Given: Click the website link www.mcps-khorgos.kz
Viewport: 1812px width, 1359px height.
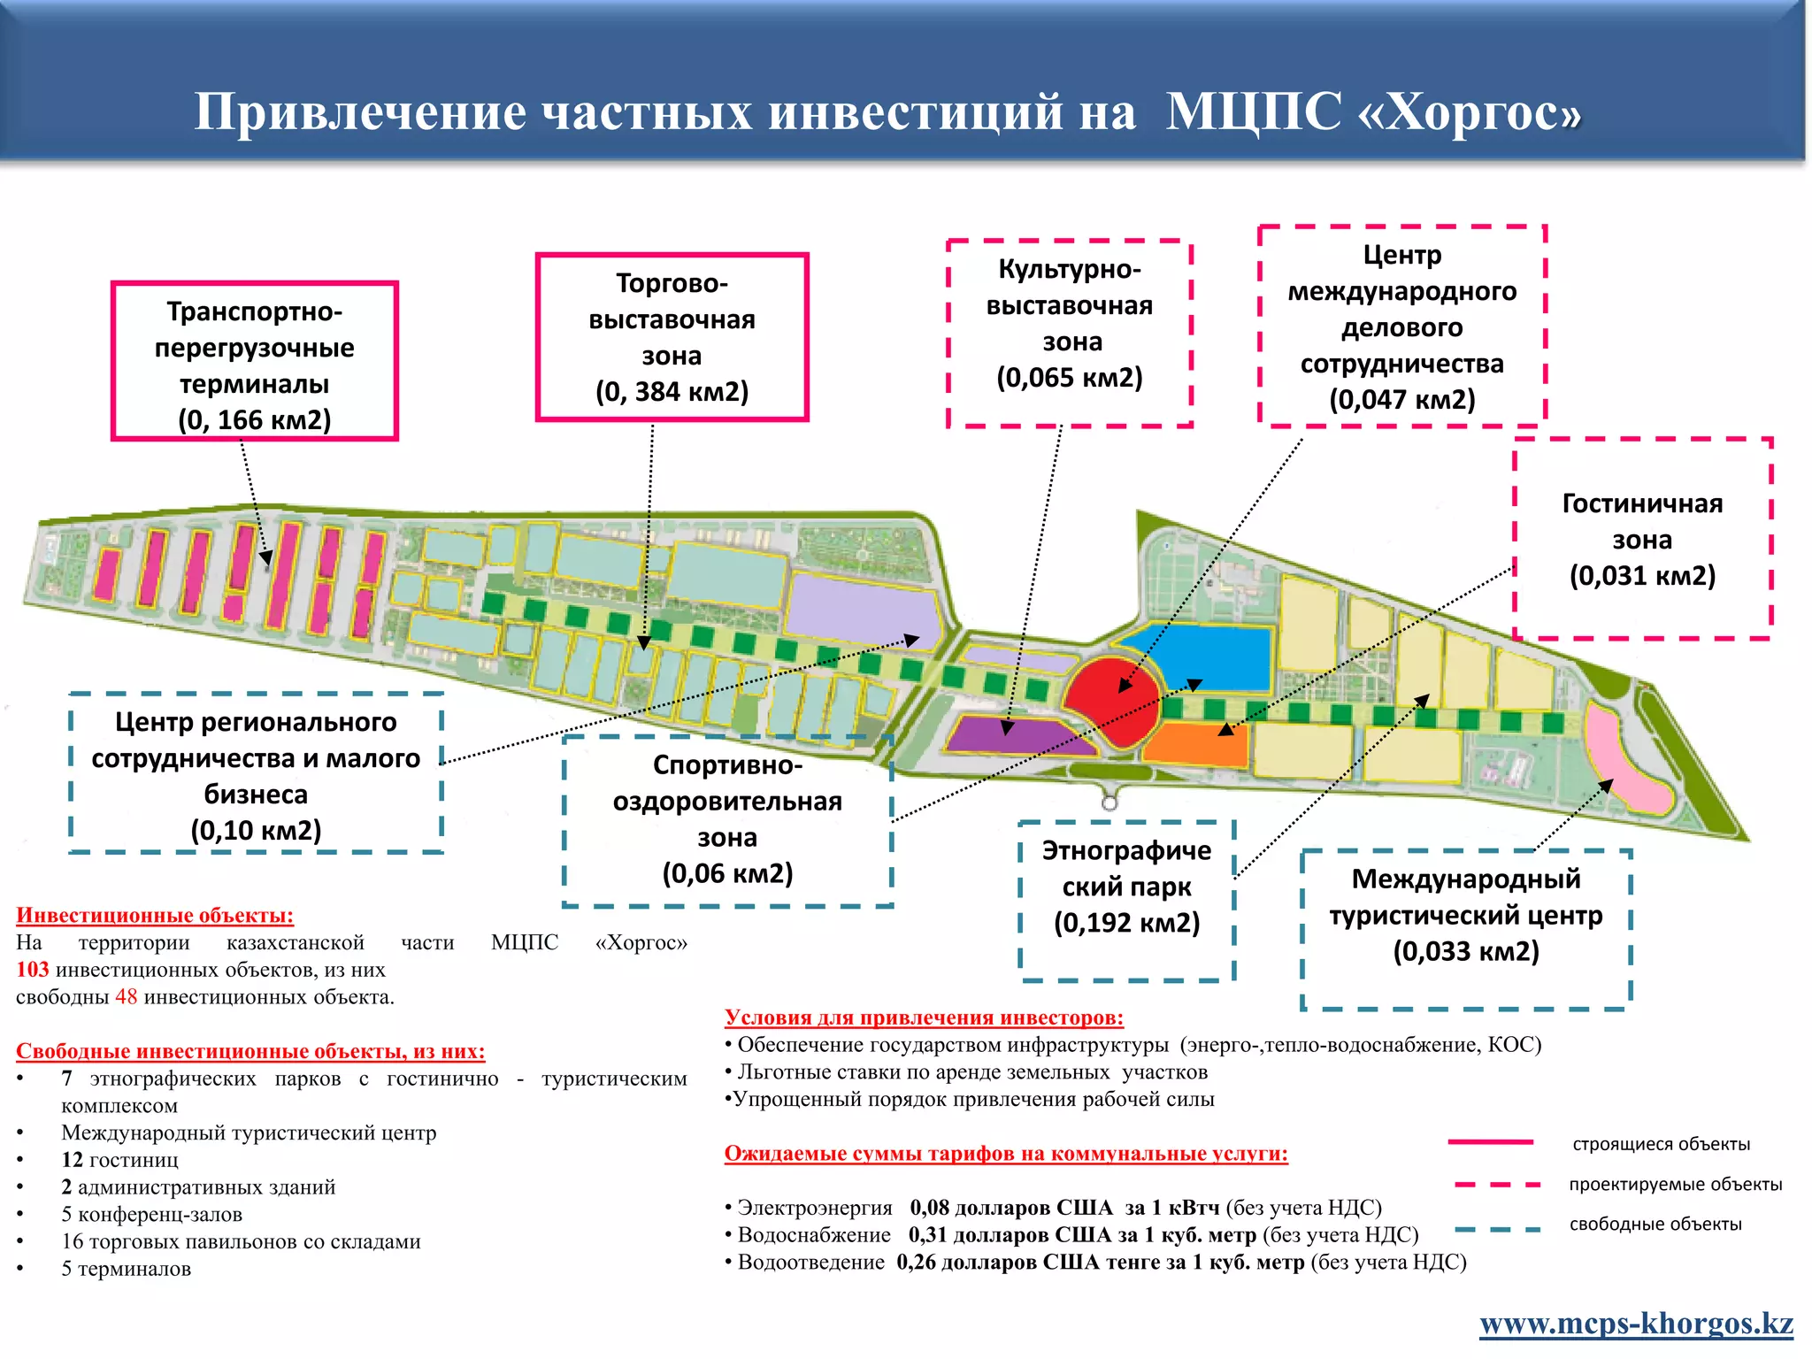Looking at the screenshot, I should [1636, 1324].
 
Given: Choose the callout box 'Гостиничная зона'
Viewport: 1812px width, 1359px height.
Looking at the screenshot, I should [1642, 539].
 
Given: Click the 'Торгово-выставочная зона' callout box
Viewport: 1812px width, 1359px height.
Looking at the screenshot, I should [672, 337].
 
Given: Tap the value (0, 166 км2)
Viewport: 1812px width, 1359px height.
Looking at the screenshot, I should [255, 419].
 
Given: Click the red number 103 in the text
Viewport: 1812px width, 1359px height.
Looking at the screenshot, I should [33, 970].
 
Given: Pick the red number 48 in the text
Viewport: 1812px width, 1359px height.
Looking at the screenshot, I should [127, 997].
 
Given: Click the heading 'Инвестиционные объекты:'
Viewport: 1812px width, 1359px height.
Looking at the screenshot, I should [155, 916].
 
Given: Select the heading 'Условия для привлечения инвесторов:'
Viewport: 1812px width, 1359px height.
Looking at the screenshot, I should [924, 1017].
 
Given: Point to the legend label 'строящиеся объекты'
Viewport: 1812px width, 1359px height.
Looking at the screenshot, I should [1661, 1144].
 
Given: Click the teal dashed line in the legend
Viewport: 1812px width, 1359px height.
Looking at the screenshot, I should [1497, 1228].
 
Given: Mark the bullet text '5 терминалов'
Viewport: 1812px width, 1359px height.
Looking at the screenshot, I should [126, 1269].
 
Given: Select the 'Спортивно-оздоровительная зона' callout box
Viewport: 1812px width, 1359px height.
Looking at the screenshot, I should [727, 819].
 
